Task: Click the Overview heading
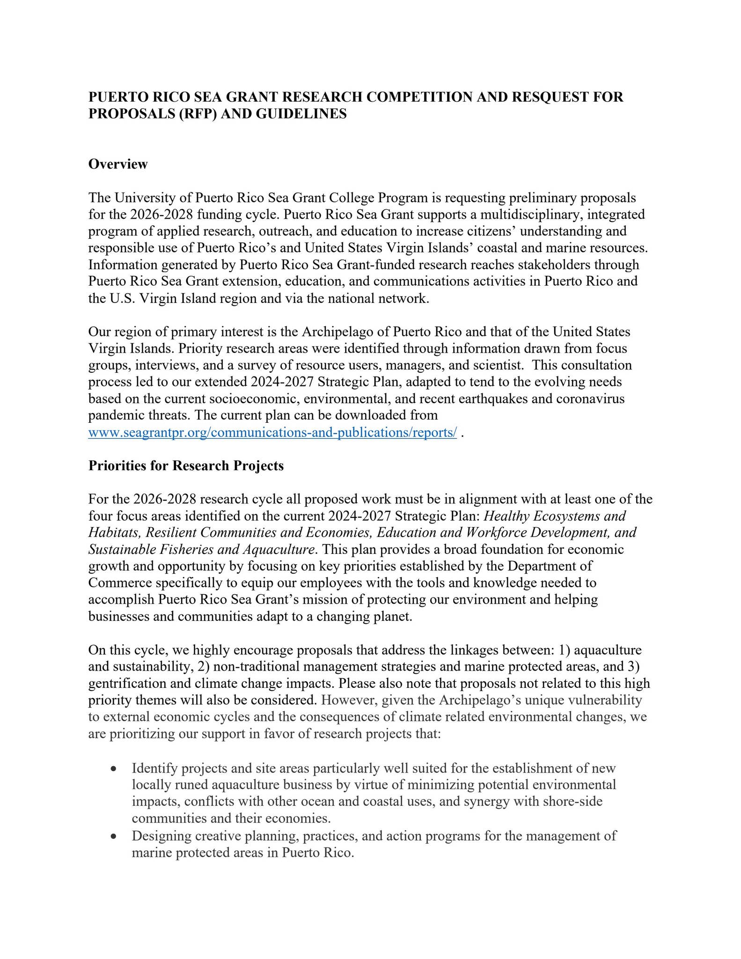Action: point(118,164)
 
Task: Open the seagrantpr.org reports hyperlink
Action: point(272,432)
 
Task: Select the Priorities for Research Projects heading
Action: point(186,465)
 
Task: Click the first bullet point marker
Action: point(113,769)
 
